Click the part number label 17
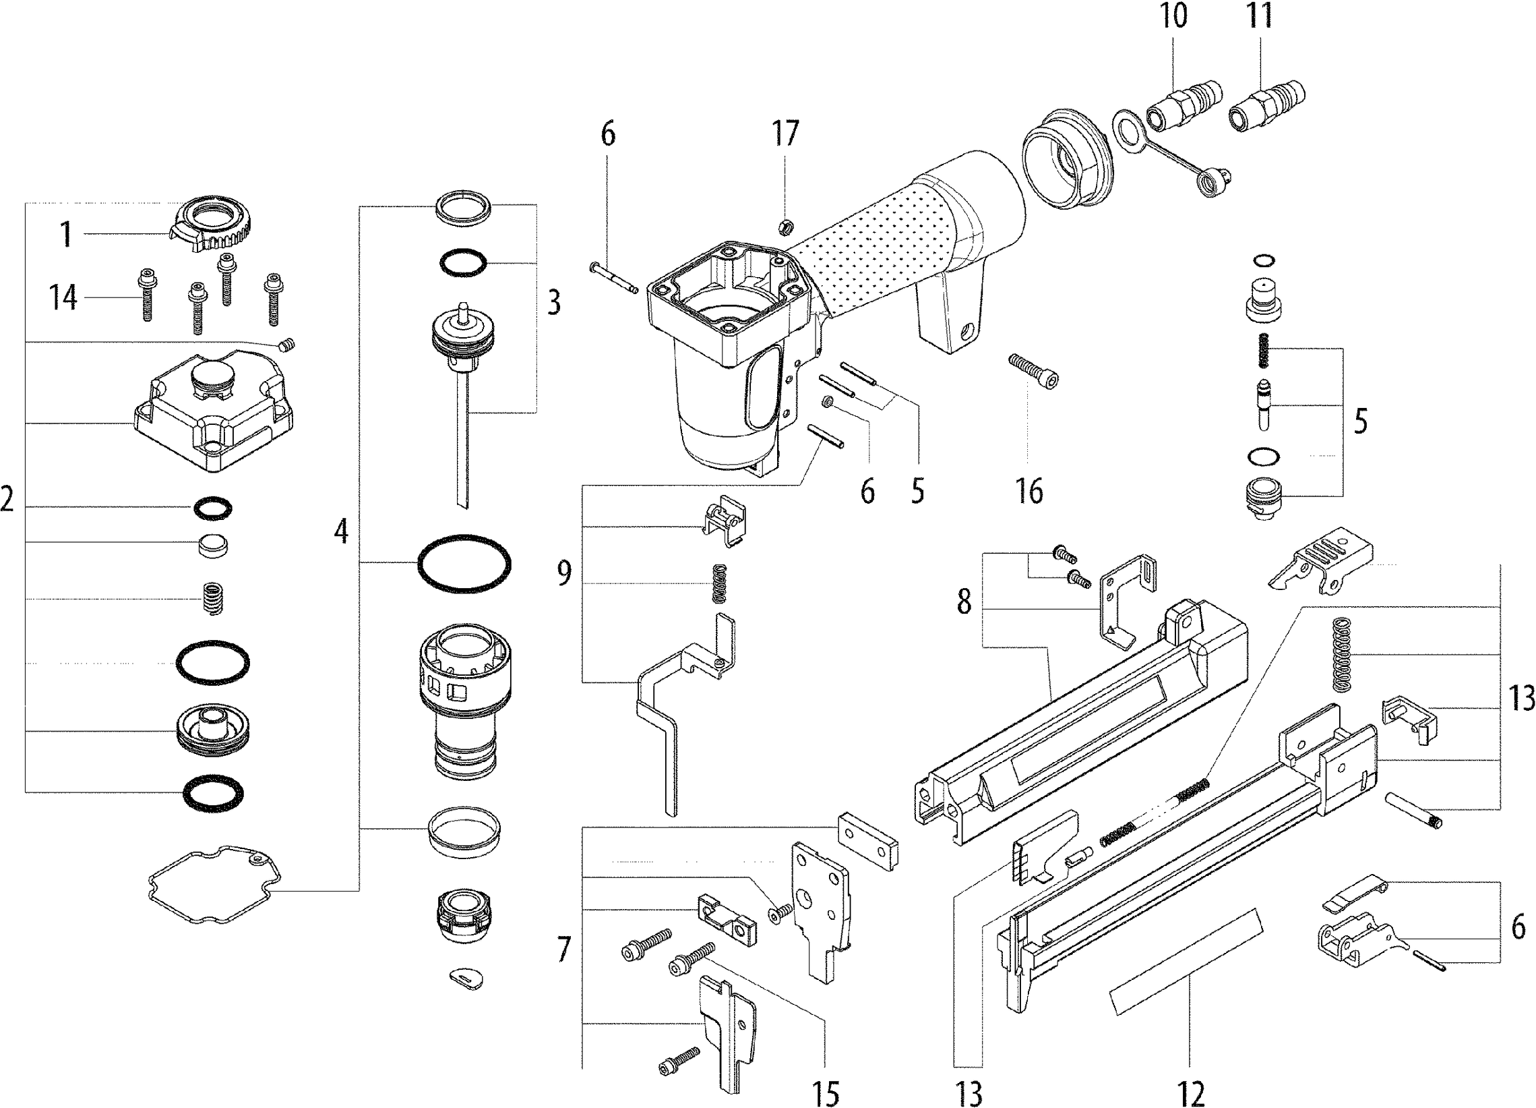(x=786, y=134)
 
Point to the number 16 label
(x=1028, y=491)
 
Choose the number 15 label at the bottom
(x=826, y=1092)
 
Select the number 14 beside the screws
(x=63, y=297)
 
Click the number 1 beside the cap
(x=65, y=235)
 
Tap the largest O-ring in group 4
(x=464, y=562)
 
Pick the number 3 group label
(x=554, y=303)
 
